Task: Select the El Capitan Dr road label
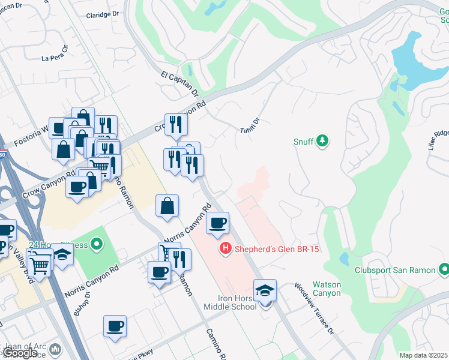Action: (x=179, y=83)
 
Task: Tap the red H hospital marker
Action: (x=226, y=247)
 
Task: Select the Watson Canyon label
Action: (x=327, y=289)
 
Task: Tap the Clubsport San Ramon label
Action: (x=394, y=271)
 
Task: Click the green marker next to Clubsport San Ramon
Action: (x=444, y=269)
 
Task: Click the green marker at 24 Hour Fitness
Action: (x=95, y=244)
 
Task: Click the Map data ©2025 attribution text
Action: (x=423, y=355)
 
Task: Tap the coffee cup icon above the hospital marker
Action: (x=218, y=224)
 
